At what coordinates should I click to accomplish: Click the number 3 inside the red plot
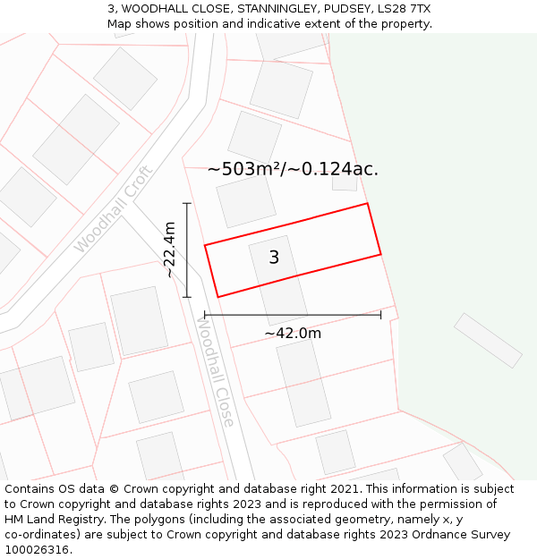click(274, 258)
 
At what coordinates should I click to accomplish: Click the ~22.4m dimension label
click(169, 250)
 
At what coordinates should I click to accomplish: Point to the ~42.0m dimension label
click(293, 334)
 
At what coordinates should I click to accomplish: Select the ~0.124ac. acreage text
click(337, 169)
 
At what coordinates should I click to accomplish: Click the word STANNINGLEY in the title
click(251, 9)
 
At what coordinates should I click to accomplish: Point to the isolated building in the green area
click(488, 340)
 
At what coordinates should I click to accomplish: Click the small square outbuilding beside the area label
click(345, 182)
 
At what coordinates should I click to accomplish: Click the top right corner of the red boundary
click(368, 204)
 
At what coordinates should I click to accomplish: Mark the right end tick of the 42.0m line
click(380, 315)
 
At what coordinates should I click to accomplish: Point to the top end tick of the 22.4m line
click(187, 204)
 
